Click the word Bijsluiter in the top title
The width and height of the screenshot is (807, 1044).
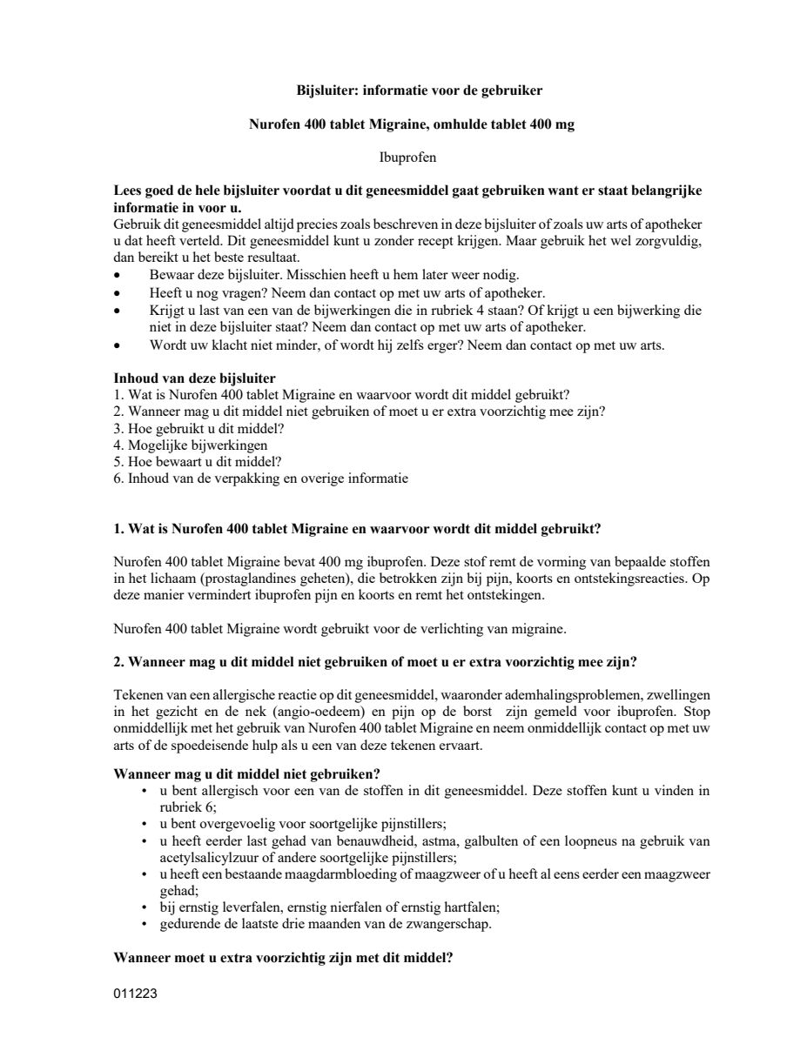tap(321, 90)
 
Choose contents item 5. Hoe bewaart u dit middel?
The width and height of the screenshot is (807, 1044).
tap(198, 462)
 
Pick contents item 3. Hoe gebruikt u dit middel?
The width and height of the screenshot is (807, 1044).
tap(199, 429)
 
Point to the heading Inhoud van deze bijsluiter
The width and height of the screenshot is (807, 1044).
tap(195, 378)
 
